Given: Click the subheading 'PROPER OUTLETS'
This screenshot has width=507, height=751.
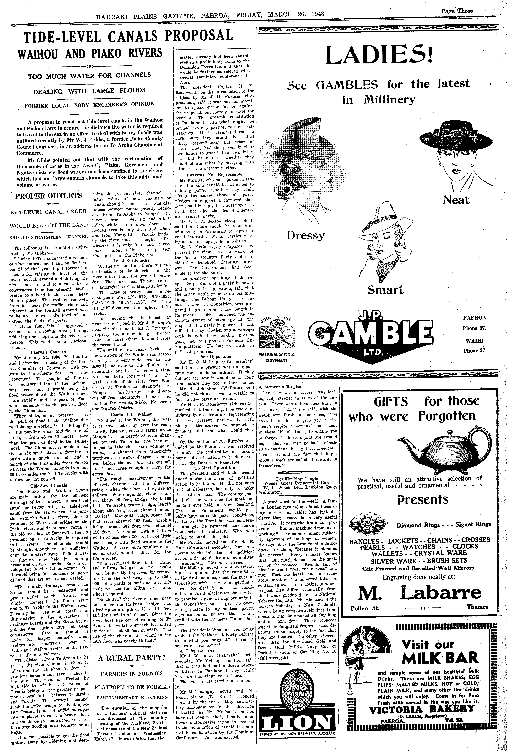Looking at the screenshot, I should pos(49,196).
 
